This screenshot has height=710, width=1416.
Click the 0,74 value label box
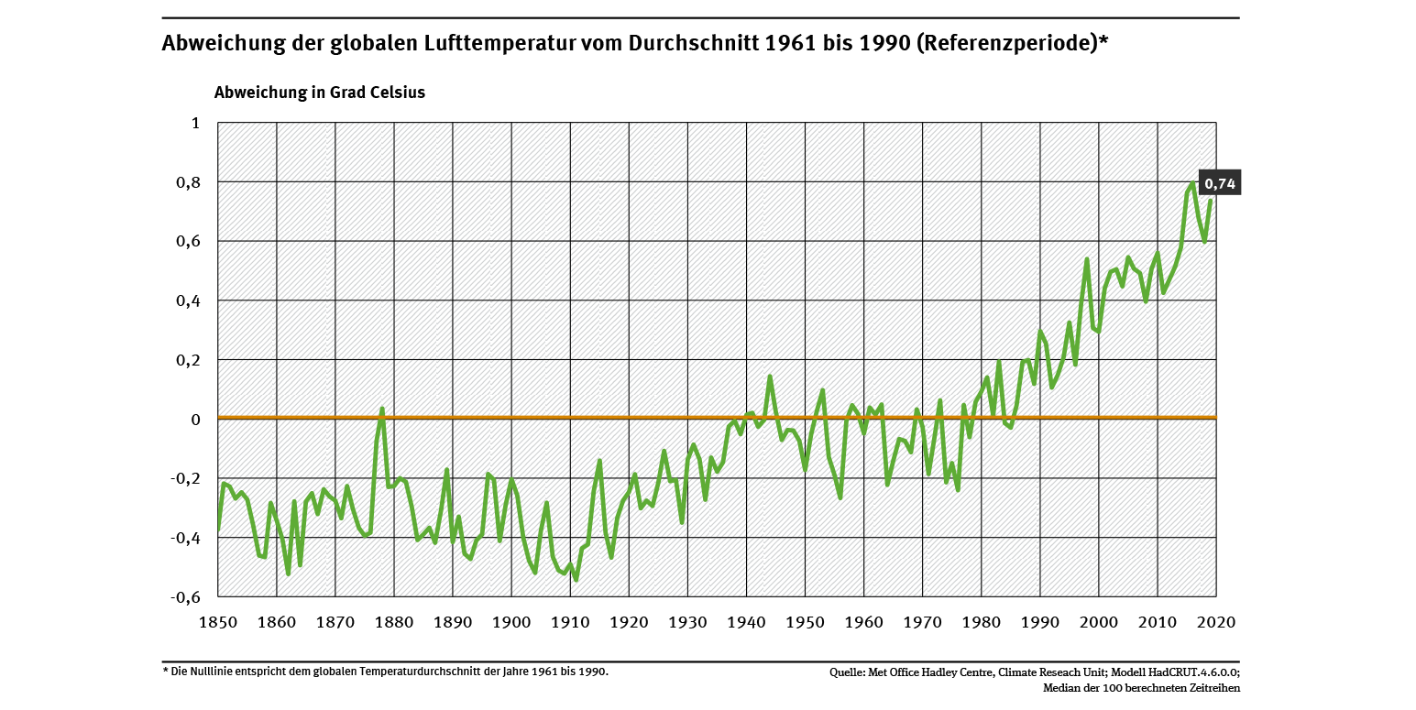(1220, 184)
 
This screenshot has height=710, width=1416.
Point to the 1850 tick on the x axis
(218, 622)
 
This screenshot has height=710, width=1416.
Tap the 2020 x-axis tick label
(1216, 622)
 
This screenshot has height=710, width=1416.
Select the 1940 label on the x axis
(746, 622)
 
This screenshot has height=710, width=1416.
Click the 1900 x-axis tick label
(511, 622)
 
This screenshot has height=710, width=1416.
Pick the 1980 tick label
(981, 622)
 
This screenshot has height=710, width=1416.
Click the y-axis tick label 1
(194, 123)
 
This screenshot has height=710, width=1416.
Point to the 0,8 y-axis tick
(189, 182)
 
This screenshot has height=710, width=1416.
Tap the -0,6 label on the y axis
(185, 597)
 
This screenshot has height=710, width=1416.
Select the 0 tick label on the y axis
(194, 420)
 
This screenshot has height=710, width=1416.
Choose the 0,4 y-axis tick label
(189, 300)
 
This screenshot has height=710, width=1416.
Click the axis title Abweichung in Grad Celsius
(319, 93)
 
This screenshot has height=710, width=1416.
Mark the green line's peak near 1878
(382, 409)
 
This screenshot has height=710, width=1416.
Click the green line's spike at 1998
(1087, 259)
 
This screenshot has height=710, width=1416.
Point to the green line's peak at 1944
(770, 377)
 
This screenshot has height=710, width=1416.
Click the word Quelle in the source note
(848, 672)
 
